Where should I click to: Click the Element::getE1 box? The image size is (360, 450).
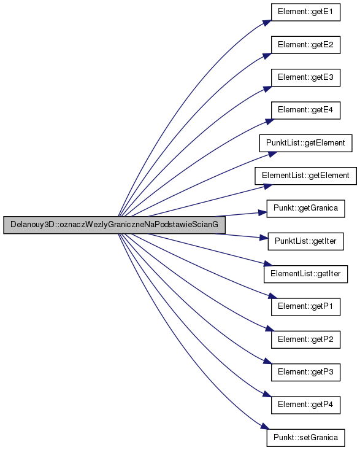coord(305,12)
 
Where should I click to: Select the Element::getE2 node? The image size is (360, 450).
coord(305,45)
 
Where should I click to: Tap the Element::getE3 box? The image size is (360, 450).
coord(305,77)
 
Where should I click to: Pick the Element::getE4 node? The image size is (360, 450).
coord(305,111)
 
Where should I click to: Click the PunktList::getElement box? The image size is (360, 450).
coord(305,143)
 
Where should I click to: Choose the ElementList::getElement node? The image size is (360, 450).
coord(305,176)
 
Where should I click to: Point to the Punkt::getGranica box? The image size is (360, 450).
coord(305,208)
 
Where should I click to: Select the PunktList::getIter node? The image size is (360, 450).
coord(305,241)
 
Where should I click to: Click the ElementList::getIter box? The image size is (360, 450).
coord(305,274)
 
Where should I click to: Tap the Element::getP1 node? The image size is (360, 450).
coord(305,306)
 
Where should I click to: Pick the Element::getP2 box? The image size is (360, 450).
coord(305,339)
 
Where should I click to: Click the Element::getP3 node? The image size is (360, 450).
coord(305,372)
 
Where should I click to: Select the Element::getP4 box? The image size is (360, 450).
coord(305,405)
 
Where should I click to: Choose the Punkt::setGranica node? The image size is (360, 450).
coord(305,437)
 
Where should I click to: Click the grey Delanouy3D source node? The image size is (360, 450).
coord(114,225)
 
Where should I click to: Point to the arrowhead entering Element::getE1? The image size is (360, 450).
coord(267,23)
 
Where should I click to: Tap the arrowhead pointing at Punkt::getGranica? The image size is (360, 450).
coord(263,213)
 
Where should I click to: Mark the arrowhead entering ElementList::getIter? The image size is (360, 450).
coord(268,264)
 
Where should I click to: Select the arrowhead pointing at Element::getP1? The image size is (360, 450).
coord(272,297)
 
